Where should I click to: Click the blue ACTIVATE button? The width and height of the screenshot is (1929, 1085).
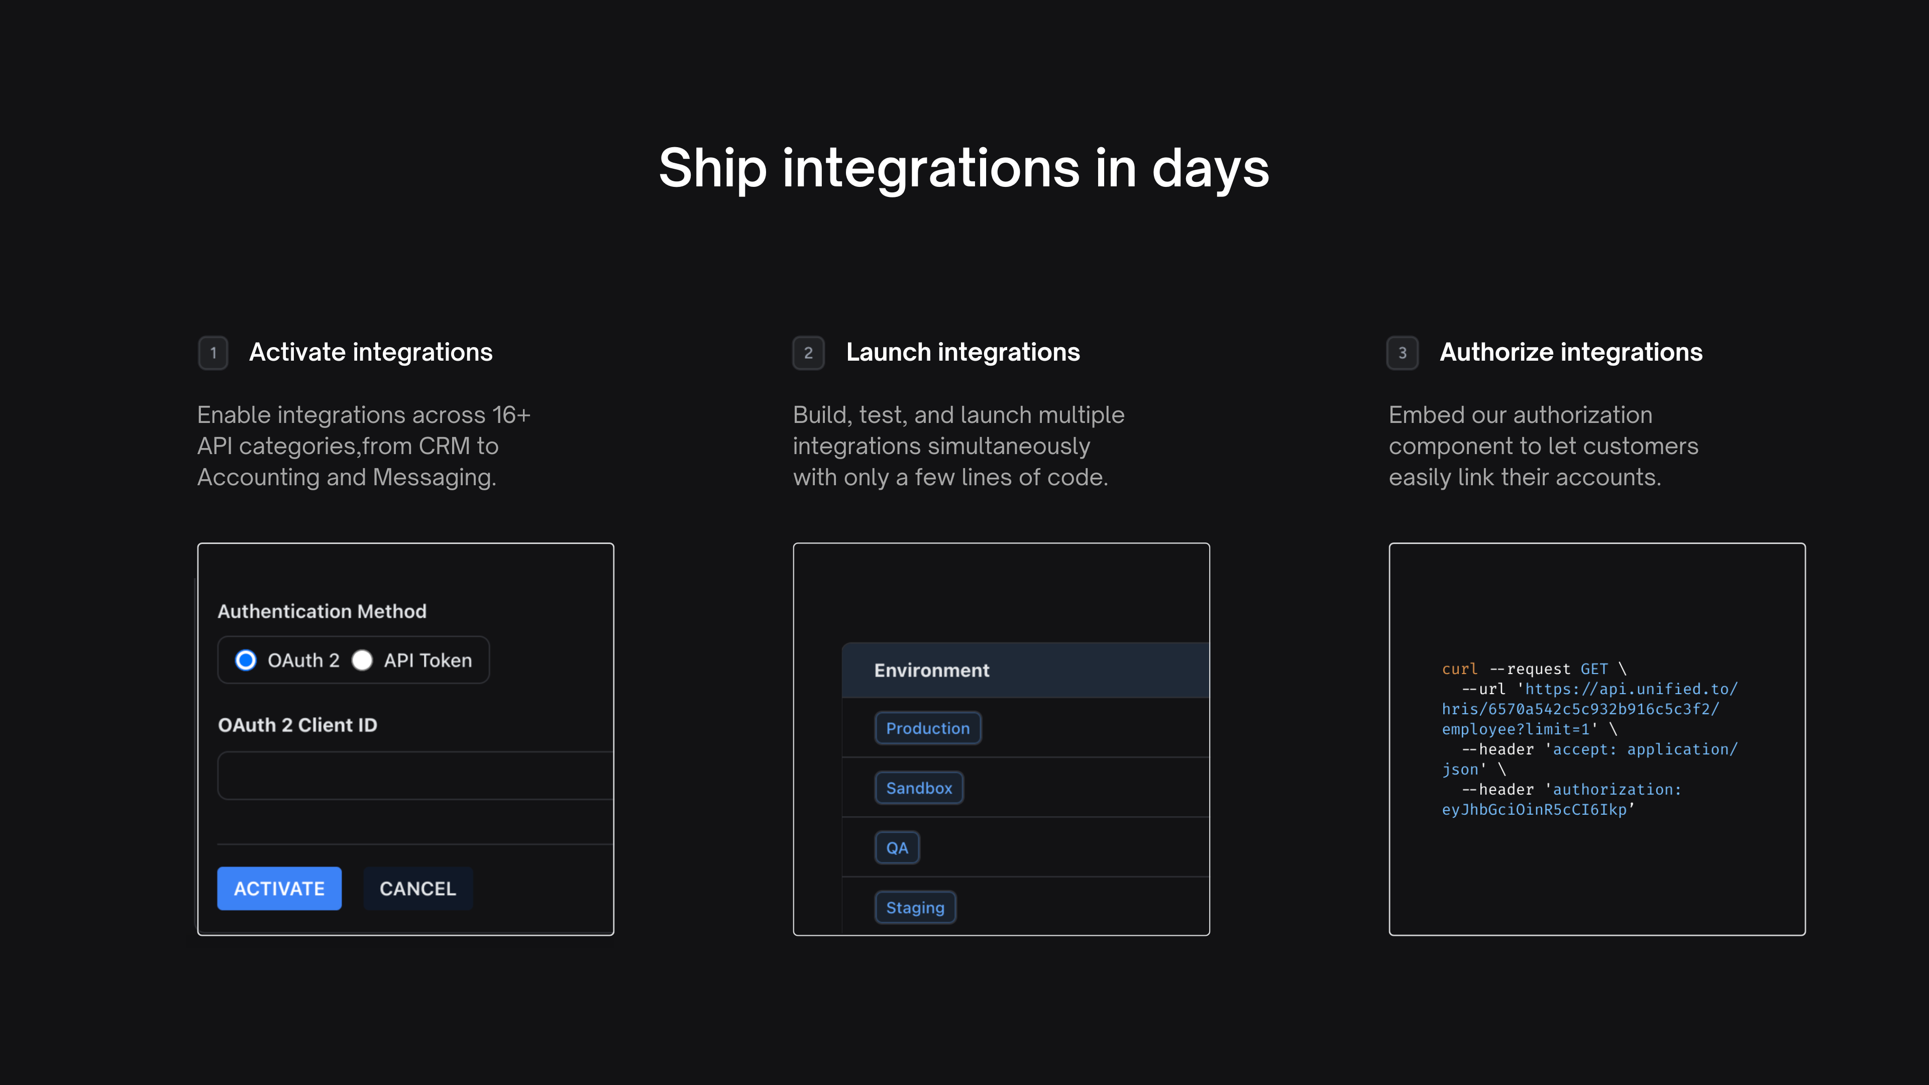pyautogui.click(x=279, y=888)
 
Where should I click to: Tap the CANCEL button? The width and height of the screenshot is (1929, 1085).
pyautogui.click(x=418, y=888)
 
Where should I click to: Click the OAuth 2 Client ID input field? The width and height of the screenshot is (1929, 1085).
pyautogui.click(x=415, y=775)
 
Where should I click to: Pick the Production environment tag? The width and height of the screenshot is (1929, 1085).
pyautogui.click(x=928, y=728)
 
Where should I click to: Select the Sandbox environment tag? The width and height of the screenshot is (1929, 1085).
pyautogui.click(x=919, y=788)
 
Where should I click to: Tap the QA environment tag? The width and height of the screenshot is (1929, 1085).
pyautogui.click(x=897, y=847)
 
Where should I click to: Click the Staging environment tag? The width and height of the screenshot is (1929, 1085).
pyautogui.click(x=915, y=908)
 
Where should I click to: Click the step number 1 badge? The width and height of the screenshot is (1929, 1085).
pyautogui.click(x=213, y=353)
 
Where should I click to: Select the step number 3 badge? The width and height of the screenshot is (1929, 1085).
pyautogui.click(x=1403, y=353)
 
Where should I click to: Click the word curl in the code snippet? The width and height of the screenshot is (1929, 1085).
pyautogui.click(x=1459, y=669)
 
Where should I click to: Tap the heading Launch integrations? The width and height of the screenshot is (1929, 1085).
pyautogui.click(x=963, y=352)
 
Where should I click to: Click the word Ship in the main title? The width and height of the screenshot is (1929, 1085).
pyautogui.click(x=713, y=168)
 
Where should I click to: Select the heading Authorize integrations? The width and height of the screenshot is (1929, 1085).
pyautogui.click(x=1571, y=352)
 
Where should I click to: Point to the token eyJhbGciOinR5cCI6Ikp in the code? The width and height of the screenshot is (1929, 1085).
pyautogui.click(x=1534, y=809)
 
